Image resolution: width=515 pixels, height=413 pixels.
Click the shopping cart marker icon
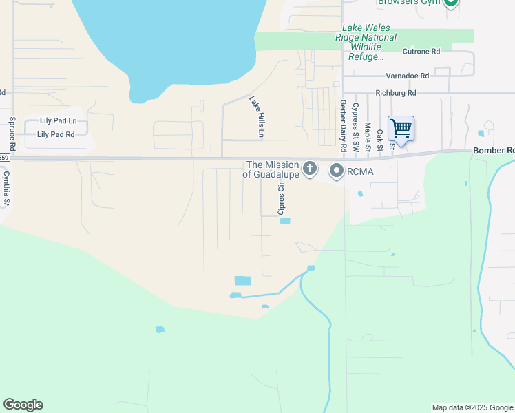point(401,128)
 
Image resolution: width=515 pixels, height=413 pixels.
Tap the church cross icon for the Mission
point(311,168)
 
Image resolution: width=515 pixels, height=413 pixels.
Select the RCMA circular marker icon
point(337,170)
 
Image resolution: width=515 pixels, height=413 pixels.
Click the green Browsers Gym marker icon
point(451,3)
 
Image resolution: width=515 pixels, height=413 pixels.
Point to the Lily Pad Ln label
point(57,120)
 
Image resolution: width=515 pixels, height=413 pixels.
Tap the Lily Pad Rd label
point(56,134)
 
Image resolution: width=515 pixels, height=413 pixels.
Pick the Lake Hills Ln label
point(257,116)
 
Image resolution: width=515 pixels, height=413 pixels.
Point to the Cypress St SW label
point(355,128)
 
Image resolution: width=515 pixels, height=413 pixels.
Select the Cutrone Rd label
point(421,52)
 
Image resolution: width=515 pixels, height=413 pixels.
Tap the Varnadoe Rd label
point(407,76)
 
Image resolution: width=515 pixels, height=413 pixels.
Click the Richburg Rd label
point(396,92)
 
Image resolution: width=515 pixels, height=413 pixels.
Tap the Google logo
point(23,405)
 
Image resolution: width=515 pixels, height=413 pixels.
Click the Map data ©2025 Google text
point(472,407)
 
